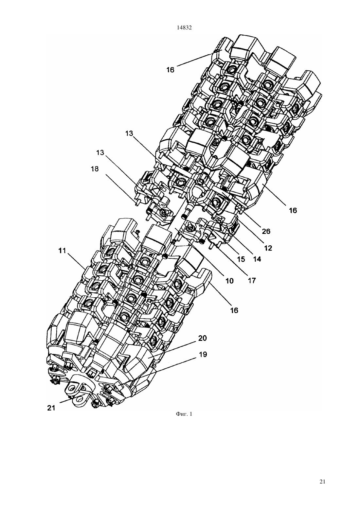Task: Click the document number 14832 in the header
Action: click(x=184, y=28)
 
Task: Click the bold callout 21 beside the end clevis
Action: click(x=51, y=408)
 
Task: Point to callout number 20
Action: click(x=202, y=338)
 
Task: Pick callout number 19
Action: click(x=203, y=355)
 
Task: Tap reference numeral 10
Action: click(x=229, y=281)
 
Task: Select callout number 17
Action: click(x=252, y=281)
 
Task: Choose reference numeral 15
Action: click(x=241, y=259)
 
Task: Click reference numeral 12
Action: click(x=268, y=248)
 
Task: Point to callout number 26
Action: click(x=266, y=231)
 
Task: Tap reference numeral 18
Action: click(x=95, y=169)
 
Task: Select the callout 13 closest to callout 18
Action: click(x=100, y=152)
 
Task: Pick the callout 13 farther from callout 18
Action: click(x=129, y=133)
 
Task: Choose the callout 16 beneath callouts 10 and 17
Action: click(x=234, y=310)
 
